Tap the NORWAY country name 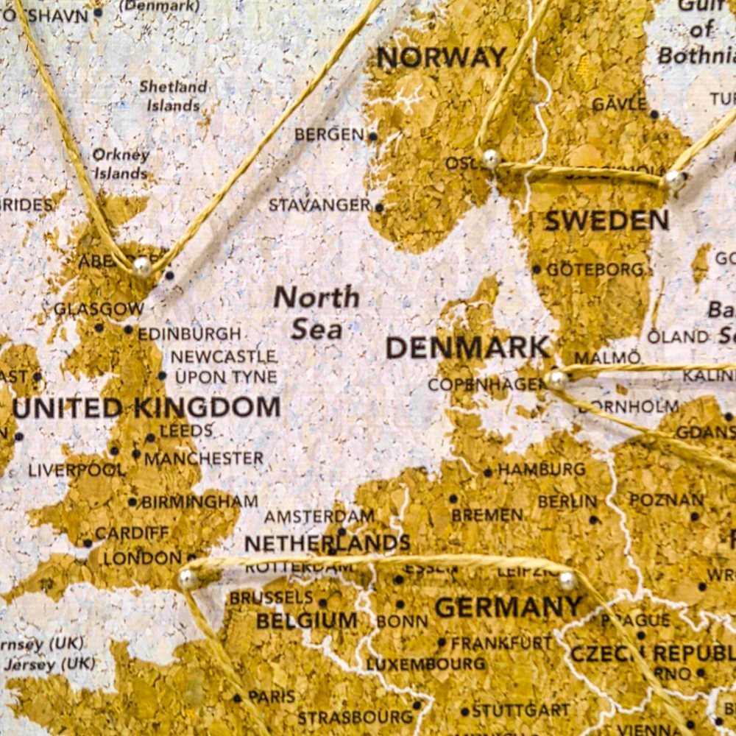[x=442, y=57]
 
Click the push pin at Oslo [x=491, y=158]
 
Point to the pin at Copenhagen [x=556, y=380]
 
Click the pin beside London [x=188, y=579]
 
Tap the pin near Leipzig [x=567, y=580]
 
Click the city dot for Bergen [x=372, y=136]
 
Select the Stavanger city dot [x=379, y=208]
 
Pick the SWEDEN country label [x=606, y=220]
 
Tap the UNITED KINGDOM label [x=146, y=408]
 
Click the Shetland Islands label [x=173, y=96]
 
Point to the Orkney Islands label [x=120, y=164]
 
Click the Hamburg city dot [x=487, y=473]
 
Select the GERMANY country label [x=508, y=608]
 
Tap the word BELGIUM [x=306, y=620]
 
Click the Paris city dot [x=237, y=698]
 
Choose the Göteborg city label [x=595, y=269]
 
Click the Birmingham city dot [x=132, y=503]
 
